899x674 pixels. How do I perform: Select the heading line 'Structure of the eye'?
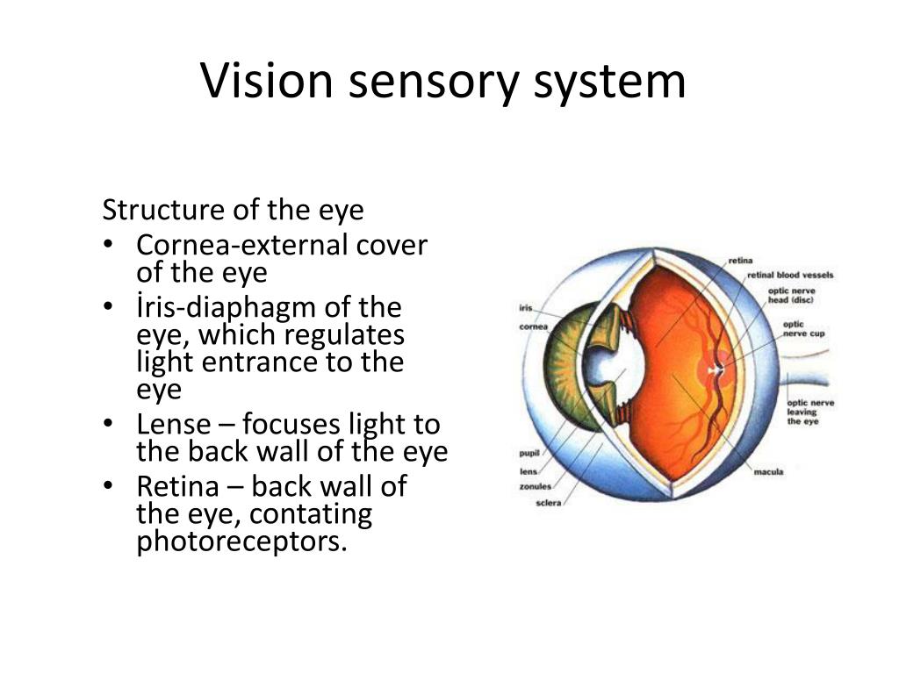[x=233, y=211]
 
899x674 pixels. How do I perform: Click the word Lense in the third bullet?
[x=174, y=425]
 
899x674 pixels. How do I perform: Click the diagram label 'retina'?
[x=740, y=261]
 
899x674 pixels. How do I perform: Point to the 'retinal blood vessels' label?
[x=790, y=275]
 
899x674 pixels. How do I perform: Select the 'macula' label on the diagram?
[x=768, y=472]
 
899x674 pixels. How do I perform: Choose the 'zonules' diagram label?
[x=536, y=487]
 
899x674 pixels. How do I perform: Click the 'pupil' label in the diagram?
[x=529, y=454]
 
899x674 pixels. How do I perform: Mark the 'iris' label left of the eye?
[x=527, y=308]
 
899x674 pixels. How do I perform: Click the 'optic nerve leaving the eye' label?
[x=809, y=412]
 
